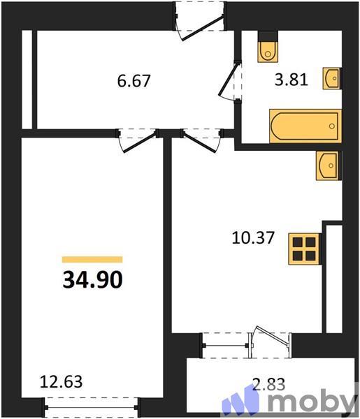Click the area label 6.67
click(134, 80)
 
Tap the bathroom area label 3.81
click(288, 80)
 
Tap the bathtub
click(304, 126)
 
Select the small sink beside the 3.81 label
click(332, 78)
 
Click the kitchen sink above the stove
click(327, 165)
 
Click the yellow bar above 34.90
click(92, 260)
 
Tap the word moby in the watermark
click(312, 402)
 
